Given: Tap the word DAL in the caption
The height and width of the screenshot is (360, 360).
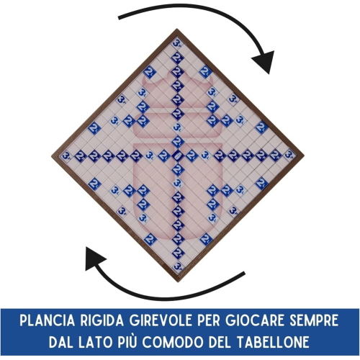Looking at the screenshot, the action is click(x=60, y=342).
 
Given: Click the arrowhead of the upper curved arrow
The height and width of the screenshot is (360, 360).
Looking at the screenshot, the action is click(x=265, y=62).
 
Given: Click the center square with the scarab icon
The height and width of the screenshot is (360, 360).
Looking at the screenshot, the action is click(x=178, y=156).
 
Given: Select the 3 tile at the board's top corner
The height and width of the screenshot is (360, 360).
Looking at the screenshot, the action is click(x=177, y=44).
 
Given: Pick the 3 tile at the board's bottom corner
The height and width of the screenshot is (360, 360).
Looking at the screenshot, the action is click(x=178, y=266).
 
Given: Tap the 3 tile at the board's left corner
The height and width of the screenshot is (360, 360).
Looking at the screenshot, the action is click(x=66, y=156).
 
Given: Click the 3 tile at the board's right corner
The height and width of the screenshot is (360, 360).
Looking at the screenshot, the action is click(x=289, y=155).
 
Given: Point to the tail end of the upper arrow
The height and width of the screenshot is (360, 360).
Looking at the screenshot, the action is click(x=120, y=18).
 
